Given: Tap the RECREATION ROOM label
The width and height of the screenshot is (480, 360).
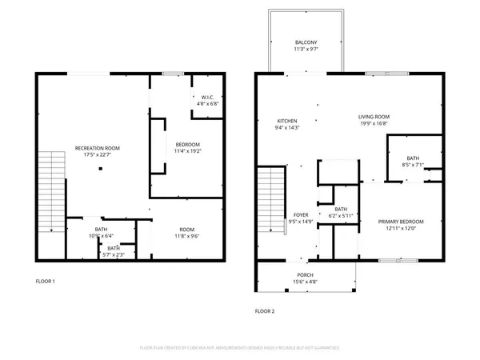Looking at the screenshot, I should (98, 149).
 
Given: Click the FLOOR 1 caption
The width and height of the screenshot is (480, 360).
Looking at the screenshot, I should (45, 282).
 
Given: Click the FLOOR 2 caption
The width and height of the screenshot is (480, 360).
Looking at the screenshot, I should (265, 310).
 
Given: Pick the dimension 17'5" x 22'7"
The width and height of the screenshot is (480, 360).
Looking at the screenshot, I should (98, 155).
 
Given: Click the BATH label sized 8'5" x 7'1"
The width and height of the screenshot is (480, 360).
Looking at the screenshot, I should (413, 158).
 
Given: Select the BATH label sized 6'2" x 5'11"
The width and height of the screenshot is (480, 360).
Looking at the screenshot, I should (341, 210).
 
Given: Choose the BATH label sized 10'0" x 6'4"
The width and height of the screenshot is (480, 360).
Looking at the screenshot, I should (101, 230).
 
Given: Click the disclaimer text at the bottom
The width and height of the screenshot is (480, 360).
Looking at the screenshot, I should (240, 349).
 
